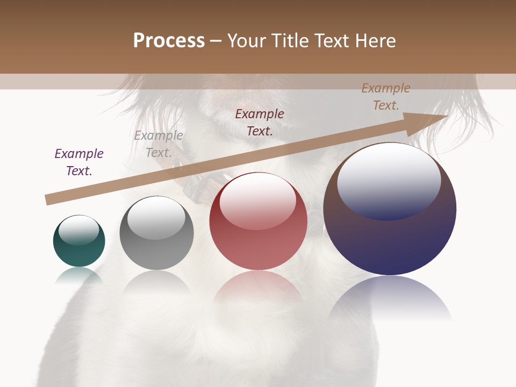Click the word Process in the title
(x=169, y=41)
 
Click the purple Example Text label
(x=79, y=162)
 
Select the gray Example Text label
(x=159, y=144)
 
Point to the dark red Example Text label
(x=260, y=122)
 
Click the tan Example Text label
(x=386, y=97)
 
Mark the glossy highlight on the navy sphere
(x=389, y=180)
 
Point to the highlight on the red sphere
(x=257, y=200)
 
